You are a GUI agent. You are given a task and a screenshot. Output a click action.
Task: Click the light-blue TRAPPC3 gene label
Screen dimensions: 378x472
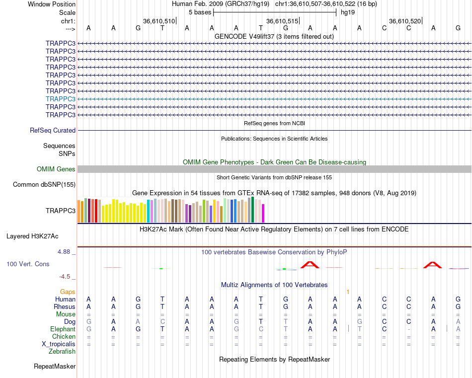click(x=60, y=99)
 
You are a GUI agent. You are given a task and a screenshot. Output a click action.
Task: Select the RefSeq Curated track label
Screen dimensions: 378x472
click(x=53, y=130)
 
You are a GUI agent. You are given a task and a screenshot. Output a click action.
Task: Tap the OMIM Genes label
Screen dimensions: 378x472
click(x=56, y=169)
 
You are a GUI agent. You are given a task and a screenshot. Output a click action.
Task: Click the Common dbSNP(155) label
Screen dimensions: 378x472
click(x=44, y=185)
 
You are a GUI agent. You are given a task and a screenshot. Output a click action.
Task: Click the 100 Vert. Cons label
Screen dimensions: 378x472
click(x=28, y=264)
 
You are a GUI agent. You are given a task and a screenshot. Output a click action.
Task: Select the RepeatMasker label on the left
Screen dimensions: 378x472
click(x=55, y=367)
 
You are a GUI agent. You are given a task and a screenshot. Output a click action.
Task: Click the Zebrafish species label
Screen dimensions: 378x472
click(x=62, y=352)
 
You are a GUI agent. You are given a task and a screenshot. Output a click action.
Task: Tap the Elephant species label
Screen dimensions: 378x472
click(x=63, y=329)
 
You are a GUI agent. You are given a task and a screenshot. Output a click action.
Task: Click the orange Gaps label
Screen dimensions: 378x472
click(x=68, y=292)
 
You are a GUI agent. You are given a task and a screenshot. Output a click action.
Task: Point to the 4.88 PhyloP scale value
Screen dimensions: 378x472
click(x=65, y=252)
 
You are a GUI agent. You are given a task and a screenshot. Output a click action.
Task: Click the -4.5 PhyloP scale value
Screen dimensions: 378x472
click(x=66, y=277)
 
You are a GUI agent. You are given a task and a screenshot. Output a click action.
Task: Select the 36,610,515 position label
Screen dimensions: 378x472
click(x=282, y=21)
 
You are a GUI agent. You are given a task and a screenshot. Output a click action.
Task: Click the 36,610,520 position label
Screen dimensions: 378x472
click(x=405, y=21)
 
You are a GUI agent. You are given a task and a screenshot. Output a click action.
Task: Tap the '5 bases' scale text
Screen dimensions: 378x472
click(x=200, y=12)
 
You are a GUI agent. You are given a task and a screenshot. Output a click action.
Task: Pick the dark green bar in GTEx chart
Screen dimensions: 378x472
click(x=252, y=210)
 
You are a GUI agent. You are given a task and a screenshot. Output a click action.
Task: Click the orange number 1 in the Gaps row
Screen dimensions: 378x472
click(x=348, y=292)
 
